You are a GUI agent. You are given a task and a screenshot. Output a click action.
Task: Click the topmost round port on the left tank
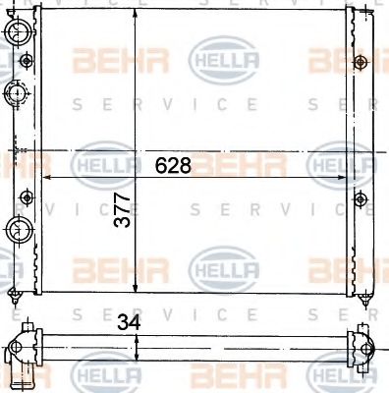(18, 35)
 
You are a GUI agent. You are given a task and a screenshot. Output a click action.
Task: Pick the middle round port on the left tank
(18, 94)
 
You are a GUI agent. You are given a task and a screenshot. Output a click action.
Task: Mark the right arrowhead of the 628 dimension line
(345, 178)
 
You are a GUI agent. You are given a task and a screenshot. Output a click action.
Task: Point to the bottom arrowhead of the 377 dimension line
(136, 290)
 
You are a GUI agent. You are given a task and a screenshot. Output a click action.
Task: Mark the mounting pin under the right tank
(363, 297)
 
